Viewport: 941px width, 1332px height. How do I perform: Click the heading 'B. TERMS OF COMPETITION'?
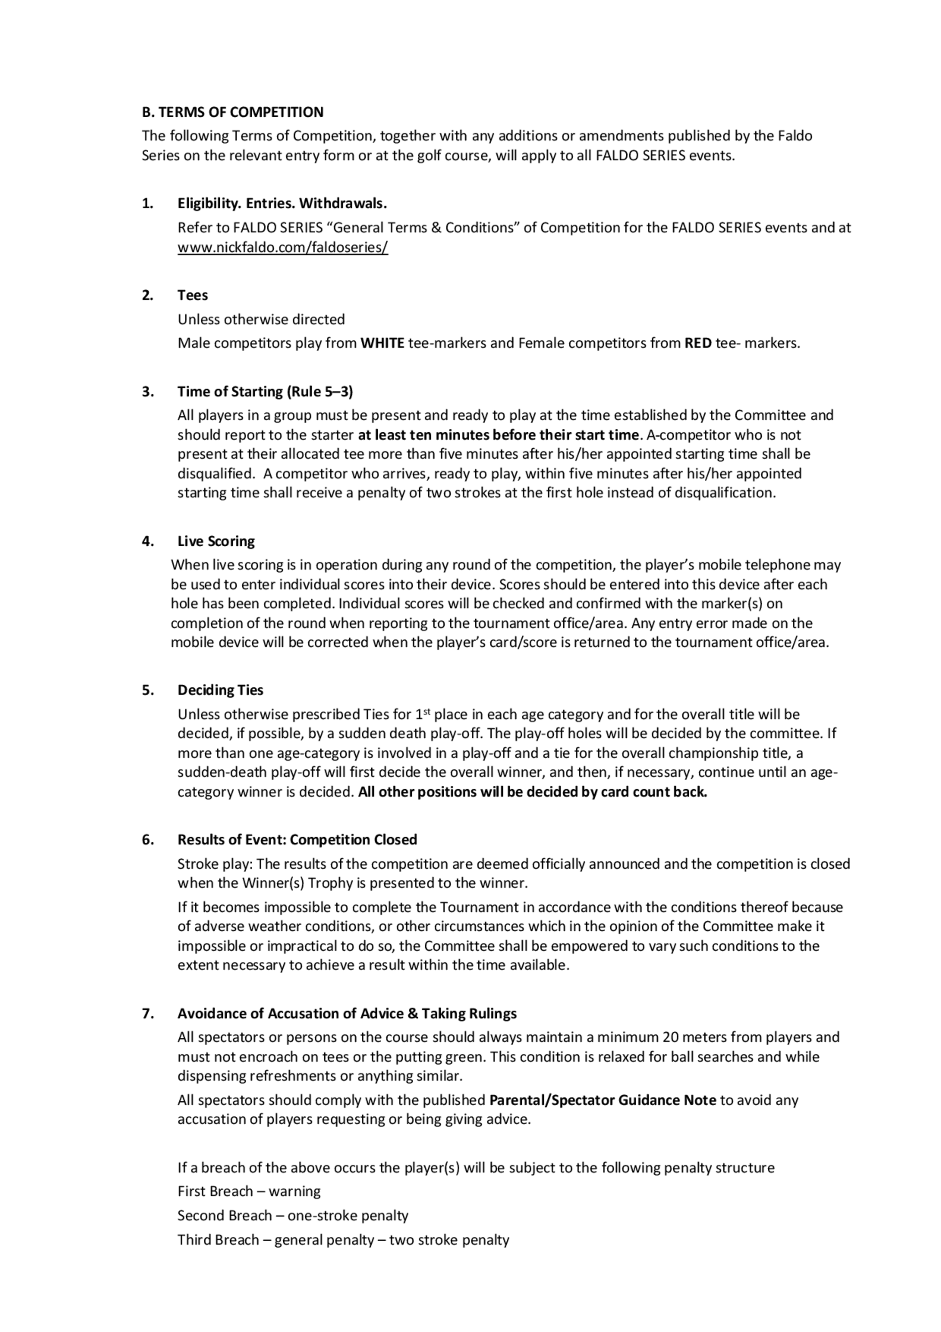232,112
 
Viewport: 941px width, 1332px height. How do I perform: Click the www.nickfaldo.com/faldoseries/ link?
282,247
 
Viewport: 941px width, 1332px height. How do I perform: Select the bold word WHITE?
382,343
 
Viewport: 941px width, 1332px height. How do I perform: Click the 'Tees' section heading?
192,295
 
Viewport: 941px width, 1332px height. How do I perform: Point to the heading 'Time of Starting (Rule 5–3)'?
265,392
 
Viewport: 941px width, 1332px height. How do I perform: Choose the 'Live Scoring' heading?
215,541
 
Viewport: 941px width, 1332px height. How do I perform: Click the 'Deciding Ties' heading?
220,690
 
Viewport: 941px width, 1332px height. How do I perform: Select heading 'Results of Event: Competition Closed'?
297,840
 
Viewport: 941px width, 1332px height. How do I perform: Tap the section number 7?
147,1014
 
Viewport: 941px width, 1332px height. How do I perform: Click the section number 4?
147,541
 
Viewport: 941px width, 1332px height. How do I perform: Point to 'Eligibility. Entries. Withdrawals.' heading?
282,203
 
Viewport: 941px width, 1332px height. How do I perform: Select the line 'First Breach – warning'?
249,1191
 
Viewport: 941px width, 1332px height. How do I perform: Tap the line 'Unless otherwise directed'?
261,319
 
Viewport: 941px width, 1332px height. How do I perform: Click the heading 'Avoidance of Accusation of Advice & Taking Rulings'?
347,1014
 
